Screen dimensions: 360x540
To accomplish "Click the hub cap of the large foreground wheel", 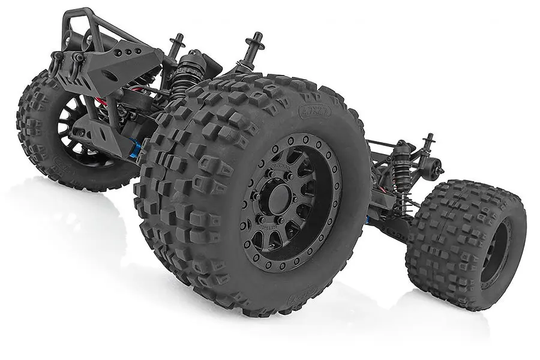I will tap(280, 200).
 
